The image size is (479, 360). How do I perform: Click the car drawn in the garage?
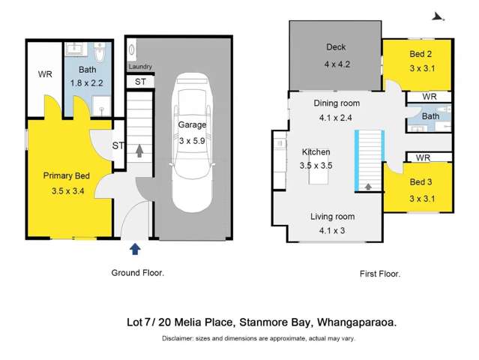click(192, 142)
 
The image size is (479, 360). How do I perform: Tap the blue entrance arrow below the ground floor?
click(135, 249)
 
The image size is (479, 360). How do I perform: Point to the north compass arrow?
click(438, 16)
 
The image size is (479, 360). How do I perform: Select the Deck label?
click(336, 47)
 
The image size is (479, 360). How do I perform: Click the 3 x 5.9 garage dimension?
click(192, 141)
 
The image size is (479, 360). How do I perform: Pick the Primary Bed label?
click(67, 175)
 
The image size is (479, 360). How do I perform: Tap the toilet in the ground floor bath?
click(100, 52)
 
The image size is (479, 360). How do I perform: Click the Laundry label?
click(140, 67)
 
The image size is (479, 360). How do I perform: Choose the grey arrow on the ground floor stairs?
click(139, 151)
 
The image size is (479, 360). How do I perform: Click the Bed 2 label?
click(421, 54)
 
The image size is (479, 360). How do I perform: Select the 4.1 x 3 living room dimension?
click(332, 230)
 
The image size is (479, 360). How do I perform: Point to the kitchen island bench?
click(319, 169)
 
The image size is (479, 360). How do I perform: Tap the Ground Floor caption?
click(138, 272)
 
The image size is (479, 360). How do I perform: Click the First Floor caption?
click(380, 274)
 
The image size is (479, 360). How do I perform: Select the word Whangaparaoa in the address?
click(357, 322)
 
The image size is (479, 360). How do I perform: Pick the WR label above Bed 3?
click(423, 157)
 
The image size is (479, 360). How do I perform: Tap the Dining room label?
click(337, 103)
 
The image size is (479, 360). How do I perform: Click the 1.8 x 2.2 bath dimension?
click(87, 83)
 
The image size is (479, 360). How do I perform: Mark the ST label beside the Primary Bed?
click(118, 145)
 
